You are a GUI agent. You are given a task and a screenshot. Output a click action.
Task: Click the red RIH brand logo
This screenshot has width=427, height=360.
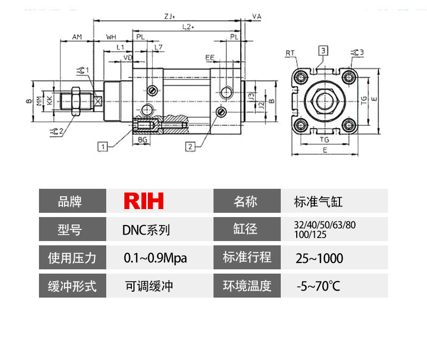click(x=144, y=201)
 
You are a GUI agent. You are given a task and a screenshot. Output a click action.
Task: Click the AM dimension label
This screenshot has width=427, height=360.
click(x=77, y=37)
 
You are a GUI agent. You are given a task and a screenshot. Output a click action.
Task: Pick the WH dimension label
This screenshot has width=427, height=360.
click(x=111, y=37)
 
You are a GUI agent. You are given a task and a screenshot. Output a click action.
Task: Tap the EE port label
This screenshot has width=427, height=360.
click(x=210, y=56)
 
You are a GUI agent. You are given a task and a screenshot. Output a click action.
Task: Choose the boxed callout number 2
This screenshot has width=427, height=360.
click(x=189, y=145)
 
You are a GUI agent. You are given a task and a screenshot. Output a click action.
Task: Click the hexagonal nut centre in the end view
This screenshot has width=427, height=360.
click(x=325, y=100)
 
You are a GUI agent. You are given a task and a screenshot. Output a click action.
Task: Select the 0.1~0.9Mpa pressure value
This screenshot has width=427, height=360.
click(x=155, y=258)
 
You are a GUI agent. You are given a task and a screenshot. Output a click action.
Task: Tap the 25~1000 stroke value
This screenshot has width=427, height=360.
click(x=319, y=259)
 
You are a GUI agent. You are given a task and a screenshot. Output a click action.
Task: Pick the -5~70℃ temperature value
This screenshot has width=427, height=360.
click(x=318, y=286)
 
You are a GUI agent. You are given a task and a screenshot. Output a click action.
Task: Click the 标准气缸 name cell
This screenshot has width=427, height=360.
click(x=318, y=202)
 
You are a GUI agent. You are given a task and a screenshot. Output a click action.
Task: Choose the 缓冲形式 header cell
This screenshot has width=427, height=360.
click(x=73, y=286)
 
